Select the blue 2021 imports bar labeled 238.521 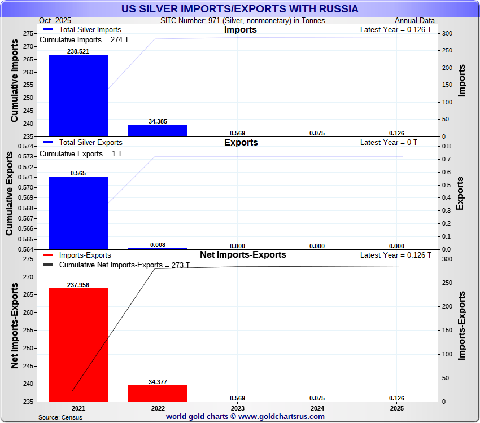click(x=78, y=95)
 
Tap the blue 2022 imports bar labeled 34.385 click(x=158, y=130)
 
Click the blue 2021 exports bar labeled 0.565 click(x=78, y=213)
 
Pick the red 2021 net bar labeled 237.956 click(x=78, y=345)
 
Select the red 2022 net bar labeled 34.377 click(x=158, y=393)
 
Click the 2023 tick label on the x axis click(x=238, y=408)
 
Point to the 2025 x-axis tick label click(x=396, y=408)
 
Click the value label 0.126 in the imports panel click(x=396, y=133)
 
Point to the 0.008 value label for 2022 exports click(x=158, y=245)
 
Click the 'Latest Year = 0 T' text click(x=389, y=143)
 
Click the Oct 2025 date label click(x=56, y=21)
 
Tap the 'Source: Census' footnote click(x=60, y=417)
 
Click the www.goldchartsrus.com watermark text click(x=245, y=417)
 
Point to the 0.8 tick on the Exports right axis click(x=446, y=146)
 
